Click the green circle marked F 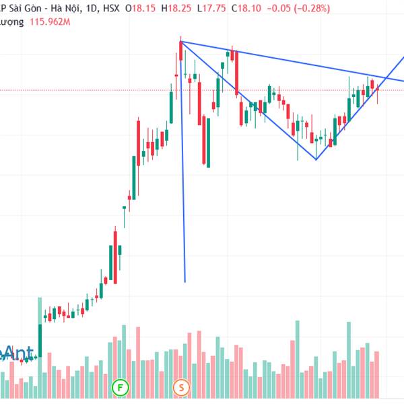[120, 388]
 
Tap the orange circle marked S [182, 388]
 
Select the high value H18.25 [174, 8]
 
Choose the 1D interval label [88, 8]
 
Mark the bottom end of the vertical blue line [184, 281]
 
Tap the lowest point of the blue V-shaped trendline [316, 160]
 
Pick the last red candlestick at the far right [378, 93]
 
